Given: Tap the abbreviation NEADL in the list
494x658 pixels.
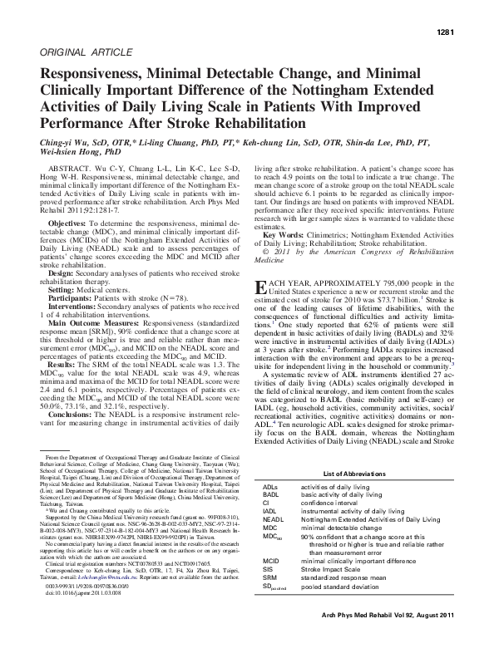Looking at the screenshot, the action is coord(273,518).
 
